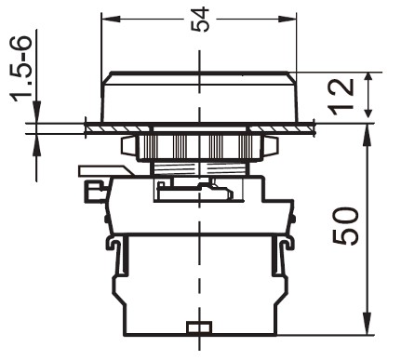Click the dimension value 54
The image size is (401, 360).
click(200, 20)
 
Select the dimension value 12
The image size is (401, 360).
click(341, 97)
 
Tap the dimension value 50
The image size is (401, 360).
click(345, 226)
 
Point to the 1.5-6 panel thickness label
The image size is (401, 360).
click(22, 69)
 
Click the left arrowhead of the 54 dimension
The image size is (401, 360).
click(111, 19)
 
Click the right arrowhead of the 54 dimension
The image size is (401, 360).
click(287, 19)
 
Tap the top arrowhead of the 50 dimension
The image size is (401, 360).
click(368, 133)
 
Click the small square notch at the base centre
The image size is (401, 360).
click(199, 327)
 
